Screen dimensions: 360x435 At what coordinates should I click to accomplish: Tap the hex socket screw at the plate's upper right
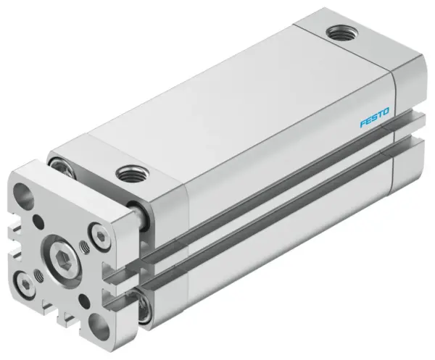click(x=97, y=233)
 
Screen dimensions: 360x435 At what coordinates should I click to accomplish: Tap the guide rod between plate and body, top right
click(x=139, y=214)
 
